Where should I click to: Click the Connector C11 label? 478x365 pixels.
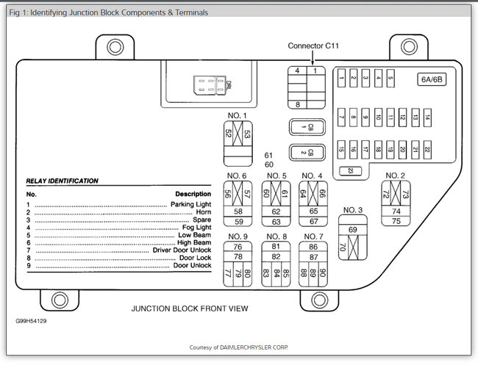coord(314,46)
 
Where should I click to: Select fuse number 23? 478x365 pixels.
coord(352,171)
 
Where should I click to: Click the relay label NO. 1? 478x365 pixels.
coord(238,115)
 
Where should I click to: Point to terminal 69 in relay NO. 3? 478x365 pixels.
coord(352,231)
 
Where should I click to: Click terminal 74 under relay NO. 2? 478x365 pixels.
coord(396,211)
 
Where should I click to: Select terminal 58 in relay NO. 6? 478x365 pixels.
coord(238,212)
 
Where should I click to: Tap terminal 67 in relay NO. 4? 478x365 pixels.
coord(314,221)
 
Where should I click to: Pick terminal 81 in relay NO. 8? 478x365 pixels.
coord(276,247)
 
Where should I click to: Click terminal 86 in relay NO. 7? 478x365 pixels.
coord(314,247)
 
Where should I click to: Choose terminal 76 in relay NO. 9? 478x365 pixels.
coord(238,247)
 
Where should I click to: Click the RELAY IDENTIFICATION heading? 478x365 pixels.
coord(63,181)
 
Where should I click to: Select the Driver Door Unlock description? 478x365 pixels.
coord(182,250)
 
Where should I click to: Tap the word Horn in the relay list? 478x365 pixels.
coord(202,212)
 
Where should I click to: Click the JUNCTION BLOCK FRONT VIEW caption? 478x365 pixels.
coord(190,308)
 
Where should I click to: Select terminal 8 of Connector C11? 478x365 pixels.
coord(297,105)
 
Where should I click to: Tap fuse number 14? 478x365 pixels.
coord(427,116)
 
